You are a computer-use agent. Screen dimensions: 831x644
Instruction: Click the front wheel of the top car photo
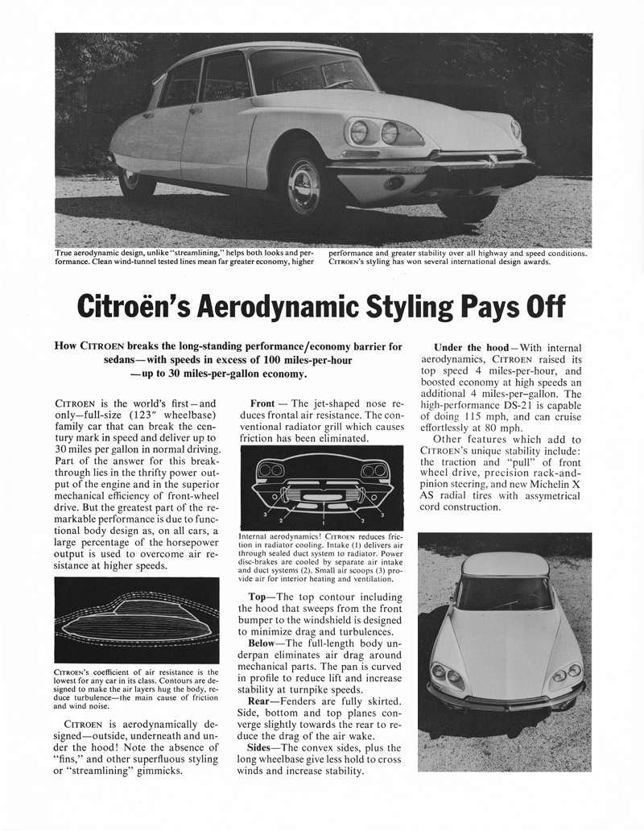point(304,186)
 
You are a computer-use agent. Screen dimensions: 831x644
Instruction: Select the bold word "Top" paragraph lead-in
point(262,597)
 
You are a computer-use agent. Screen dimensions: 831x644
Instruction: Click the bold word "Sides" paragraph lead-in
point(266,746)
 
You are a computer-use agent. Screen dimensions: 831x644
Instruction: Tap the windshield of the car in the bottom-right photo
point(500,595)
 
